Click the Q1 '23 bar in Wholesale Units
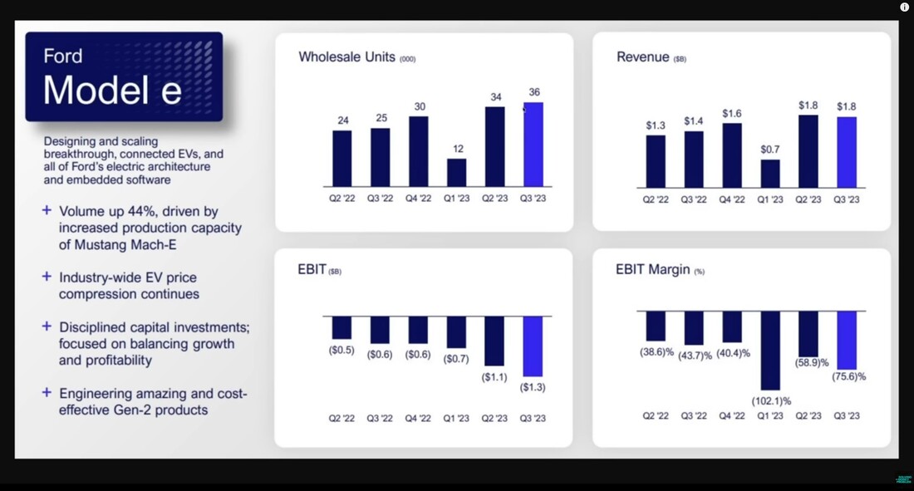point(456,173)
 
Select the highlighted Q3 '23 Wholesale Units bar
point(533,145)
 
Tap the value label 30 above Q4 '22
point(420,106)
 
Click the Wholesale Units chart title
point(356,57)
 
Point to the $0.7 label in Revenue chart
point(769,150)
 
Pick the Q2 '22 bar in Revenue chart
point(656,161)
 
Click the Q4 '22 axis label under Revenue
point(731,199)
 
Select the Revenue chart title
point(651,57)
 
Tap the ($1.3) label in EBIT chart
point(533,387)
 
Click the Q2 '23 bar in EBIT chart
point(494,341)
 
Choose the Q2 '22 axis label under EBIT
point(342,418)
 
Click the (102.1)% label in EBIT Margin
point(771,401)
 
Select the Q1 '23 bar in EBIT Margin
point(770,351)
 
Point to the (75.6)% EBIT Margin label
point(848,376)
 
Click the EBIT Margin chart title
point(660,269)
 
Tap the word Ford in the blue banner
point(63,56)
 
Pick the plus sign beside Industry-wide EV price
point(47,277)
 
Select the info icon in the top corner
point(904,7)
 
